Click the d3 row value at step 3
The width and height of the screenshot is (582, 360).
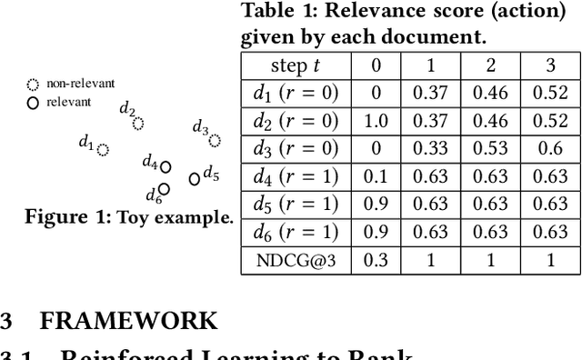point(548,149)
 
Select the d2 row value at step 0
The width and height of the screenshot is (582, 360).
point(375,121)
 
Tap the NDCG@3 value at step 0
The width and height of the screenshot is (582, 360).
point(375,261)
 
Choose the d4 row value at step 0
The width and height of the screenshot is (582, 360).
point(375,177)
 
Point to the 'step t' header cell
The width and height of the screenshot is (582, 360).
point(296,65)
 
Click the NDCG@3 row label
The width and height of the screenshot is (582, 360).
point(296,261)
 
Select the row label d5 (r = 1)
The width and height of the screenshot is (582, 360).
point(296,205)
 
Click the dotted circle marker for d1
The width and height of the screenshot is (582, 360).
point(103,149)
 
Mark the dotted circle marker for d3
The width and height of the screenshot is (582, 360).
point(215,140)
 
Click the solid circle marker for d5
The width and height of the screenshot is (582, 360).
point(194,179)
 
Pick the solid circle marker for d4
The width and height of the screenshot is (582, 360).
point(166,166)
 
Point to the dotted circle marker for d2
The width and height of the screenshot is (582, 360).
point(138,124)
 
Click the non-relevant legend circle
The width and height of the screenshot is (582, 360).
point(33,85)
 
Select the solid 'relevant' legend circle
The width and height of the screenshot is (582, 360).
point(33,103)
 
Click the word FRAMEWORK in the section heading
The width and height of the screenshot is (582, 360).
point(129,321)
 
